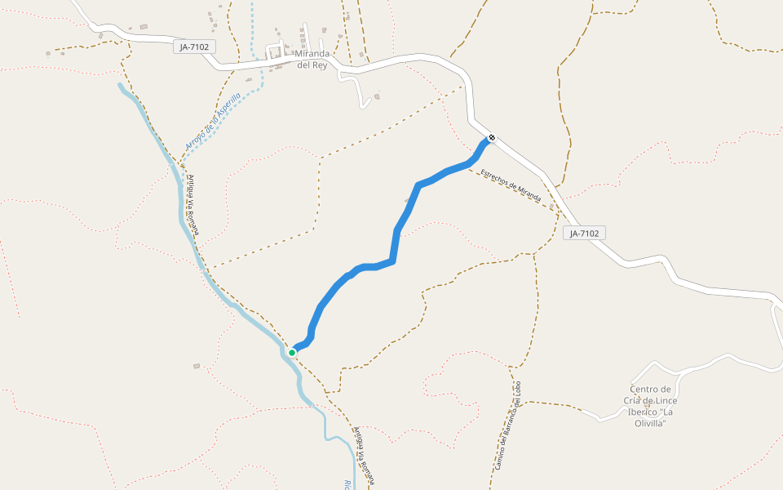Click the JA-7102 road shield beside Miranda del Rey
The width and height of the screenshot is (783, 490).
pos(196,47)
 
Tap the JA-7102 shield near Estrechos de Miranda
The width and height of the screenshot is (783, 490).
pos(584,234)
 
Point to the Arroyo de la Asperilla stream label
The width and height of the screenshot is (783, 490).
pos(212,122)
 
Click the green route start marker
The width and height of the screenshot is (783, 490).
pos(292,353)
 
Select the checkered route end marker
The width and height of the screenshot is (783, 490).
pos(491,138)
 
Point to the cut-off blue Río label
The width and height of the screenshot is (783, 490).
pos(347,484)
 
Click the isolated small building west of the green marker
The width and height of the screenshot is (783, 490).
pos(197,366)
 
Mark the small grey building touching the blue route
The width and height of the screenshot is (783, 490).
pos(407,199)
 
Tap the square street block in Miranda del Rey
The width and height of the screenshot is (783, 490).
pos(275,53)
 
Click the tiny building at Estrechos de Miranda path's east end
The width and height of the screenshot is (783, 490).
pos(552,207)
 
